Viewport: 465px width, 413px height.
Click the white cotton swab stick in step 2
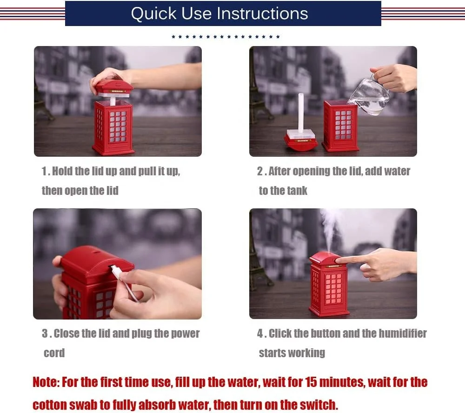(301, 113)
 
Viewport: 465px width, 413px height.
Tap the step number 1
(45, 171)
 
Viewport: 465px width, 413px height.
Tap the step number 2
(260, 171)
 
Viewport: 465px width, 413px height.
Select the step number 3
(45, 333)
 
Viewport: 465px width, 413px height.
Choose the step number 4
(260, 333)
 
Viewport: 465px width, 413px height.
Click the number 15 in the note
(311, 382)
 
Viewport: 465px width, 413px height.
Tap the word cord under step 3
(54, 353)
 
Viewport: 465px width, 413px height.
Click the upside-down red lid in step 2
(301, 142)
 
